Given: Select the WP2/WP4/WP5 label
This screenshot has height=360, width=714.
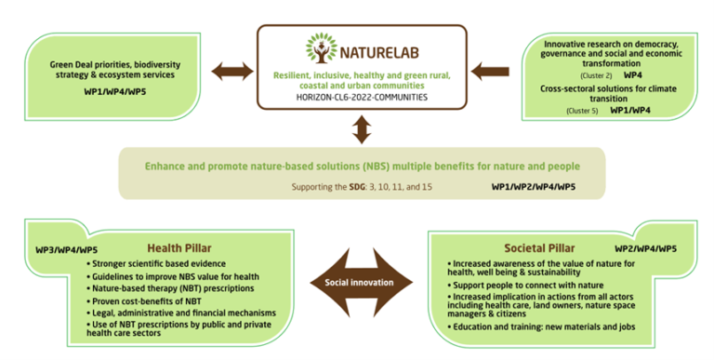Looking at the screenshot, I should (644, 249).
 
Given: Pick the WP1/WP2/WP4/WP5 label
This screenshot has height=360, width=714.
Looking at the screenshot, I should (533, 186).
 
